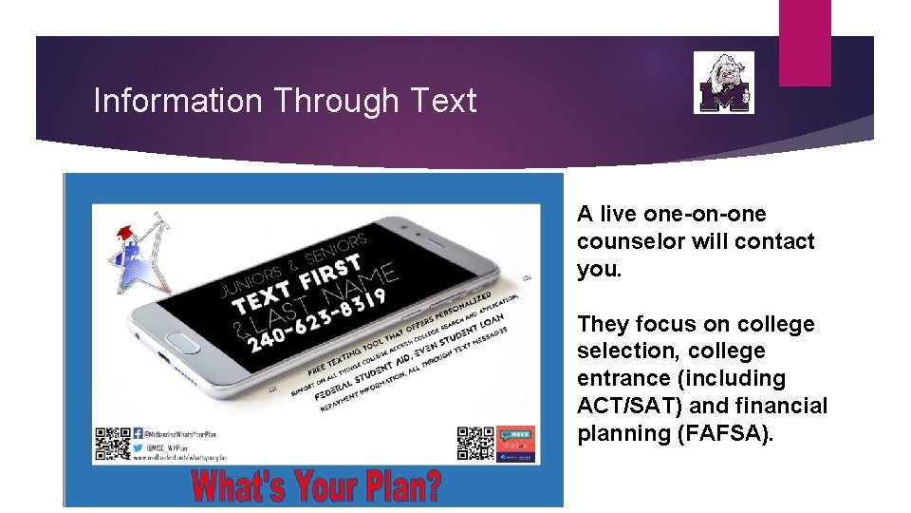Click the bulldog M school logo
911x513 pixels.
(724, 83)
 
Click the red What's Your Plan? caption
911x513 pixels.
(316, 486)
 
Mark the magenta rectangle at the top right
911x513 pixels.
(805, 43)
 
